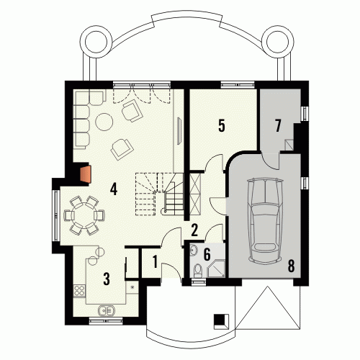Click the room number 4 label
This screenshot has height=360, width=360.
114,189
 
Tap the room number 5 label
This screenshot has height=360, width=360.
222,125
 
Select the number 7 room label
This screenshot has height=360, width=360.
278,125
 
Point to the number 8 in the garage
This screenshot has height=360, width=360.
291,266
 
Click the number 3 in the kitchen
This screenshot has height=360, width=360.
107,279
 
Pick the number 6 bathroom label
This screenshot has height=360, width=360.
207,254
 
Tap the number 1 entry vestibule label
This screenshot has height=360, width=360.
155,261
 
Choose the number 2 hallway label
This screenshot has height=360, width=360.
194,230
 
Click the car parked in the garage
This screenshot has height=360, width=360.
265,221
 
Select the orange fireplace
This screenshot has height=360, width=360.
86,174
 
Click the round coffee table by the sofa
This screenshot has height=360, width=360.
104,122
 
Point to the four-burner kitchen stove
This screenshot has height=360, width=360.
79,290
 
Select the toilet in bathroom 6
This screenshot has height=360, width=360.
198,271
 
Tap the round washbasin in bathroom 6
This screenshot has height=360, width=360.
193,251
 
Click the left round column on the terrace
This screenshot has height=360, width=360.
96,41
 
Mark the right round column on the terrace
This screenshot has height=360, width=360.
278,41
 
